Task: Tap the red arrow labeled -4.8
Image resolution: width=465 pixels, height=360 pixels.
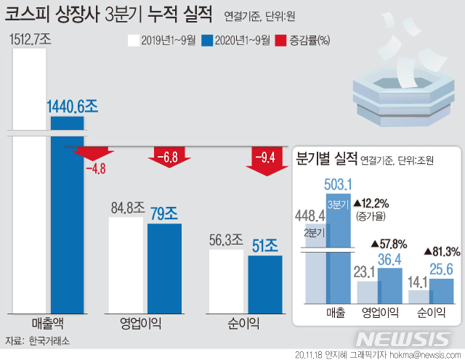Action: pyautogui.click(x=92, y=154)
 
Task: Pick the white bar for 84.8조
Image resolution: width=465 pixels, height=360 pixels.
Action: pyautogui.click(x=126, y=265)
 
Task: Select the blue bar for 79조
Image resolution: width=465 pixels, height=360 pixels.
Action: pyautogui.click(x=164, y=269)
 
